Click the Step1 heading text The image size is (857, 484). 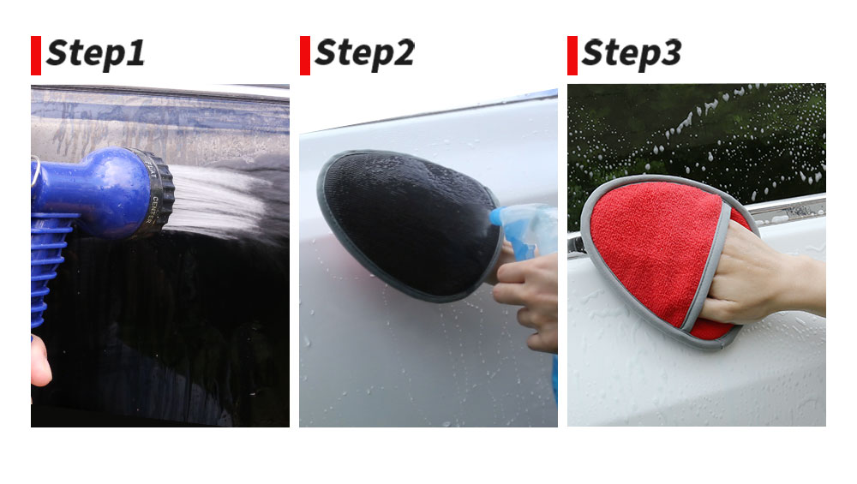click(96, 54)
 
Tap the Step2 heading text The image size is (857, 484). click(364, 54)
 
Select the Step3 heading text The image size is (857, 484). click(632, 54)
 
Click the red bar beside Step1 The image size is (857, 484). click(36, 55)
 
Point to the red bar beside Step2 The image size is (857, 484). click(305, 55)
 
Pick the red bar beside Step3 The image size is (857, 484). click(572, 55)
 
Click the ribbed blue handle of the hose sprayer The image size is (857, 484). click(49, 267)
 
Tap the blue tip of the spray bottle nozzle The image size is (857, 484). click(495, 217)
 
